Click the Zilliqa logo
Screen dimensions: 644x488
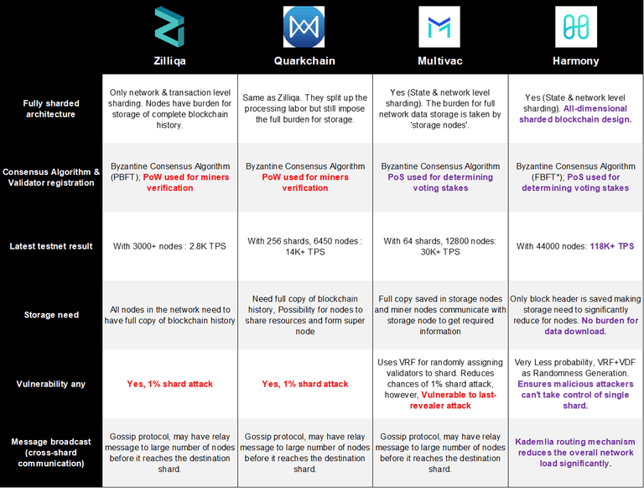[x=169, y=27]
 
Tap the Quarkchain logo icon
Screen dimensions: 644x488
[x=304, y=27]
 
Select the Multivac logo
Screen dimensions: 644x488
[x=439, y=27]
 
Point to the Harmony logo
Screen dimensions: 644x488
[x=576, y=27]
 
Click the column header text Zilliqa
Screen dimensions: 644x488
[x=169, y=61]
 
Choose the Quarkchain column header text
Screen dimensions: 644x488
[x=304, y=61]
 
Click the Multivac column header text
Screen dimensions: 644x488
[x=440, y=61]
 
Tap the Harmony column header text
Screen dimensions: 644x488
[x=576, y=61]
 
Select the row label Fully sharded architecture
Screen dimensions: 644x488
[x=51, y=108]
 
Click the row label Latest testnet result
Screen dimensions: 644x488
[x=51, y=246]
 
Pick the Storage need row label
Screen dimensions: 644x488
[x=51, y=315]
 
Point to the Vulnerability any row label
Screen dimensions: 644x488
[x=51, y=384]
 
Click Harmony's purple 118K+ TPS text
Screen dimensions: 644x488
[x=612, y=246]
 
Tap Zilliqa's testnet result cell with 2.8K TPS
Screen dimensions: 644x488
[x=169, y=246]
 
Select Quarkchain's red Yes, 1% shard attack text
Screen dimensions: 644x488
[x=305, y=384]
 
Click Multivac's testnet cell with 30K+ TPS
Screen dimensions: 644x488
[x=440, y=246]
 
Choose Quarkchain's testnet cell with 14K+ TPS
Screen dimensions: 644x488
[x=304, y=246]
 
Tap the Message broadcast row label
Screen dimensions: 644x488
[x=51, y=453]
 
